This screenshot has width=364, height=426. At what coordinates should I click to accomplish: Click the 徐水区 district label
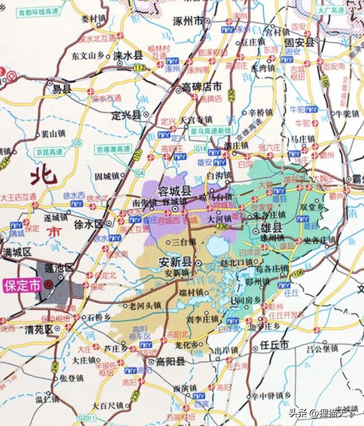86,224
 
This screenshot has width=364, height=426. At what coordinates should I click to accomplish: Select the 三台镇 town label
183,242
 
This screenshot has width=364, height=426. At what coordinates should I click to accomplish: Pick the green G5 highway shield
76,143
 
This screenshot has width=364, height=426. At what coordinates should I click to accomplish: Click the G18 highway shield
201,149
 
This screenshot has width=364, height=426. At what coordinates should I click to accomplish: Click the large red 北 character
45,174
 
